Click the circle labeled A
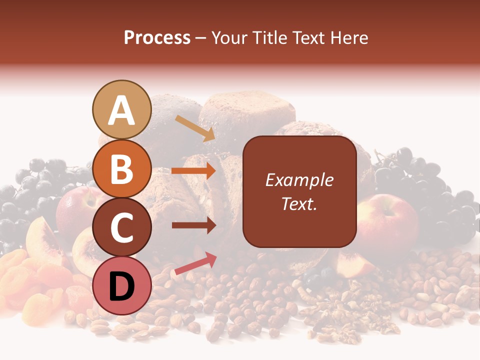(121, 109)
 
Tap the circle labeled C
(121, 227)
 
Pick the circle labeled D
(121, 285)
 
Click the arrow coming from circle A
(194, 128)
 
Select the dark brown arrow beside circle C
(193, 225)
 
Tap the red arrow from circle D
(195, 264)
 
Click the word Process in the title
(157, 38)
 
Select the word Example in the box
(299, 180)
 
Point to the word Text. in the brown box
(299, 203)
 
